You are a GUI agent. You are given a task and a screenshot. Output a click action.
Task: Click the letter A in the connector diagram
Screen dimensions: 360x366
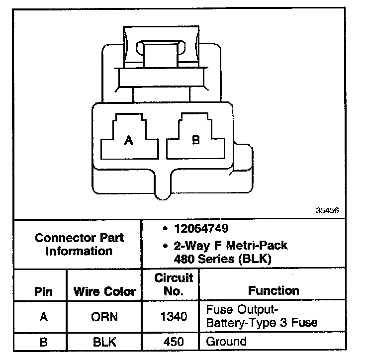[x=128, y=141]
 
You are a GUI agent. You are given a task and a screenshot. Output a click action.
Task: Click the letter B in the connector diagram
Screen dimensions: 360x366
[x=195, y=140]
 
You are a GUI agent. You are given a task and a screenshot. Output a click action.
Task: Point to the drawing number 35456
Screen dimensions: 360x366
[x=327, y=210]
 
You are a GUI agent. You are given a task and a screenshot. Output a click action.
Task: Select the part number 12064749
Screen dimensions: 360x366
[x=201, y=229]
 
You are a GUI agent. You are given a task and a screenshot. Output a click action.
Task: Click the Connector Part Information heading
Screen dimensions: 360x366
[x=79, y=244]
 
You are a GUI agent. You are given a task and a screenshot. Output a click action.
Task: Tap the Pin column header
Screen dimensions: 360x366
[x=43, y=291]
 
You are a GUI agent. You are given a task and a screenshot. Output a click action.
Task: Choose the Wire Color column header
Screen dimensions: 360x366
[x=104, y=291]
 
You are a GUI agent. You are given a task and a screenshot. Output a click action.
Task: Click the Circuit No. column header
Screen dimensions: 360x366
[x=173, y=284]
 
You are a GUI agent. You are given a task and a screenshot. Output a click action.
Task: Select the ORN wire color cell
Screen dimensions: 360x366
[x=104, y=317]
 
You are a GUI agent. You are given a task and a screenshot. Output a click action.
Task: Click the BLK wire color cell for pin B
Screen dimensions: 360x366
[x=104, y=342]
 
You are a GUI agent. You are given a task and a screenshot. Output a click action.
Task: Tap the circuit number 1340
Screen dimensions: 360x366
[x=173, y=317]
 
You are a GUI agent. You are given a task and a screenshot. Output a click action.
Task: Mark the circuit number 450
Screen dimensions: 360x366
[x=173, y=342]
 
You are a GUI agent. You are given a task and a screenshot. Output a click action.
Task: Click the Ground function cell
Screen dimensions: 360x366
[x=226, y=342]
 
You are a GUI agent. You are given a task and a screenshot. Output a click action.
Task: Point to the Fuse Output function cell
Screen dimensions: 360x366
[x=262, y=316]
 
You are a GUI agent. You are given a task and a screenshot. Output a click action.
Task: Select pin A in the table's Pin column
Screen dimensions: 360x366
[x=44, y=317]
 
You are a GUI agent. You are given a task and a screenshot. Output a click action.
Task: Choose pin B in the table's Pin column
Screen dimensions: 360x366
[x=44, y=342]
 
